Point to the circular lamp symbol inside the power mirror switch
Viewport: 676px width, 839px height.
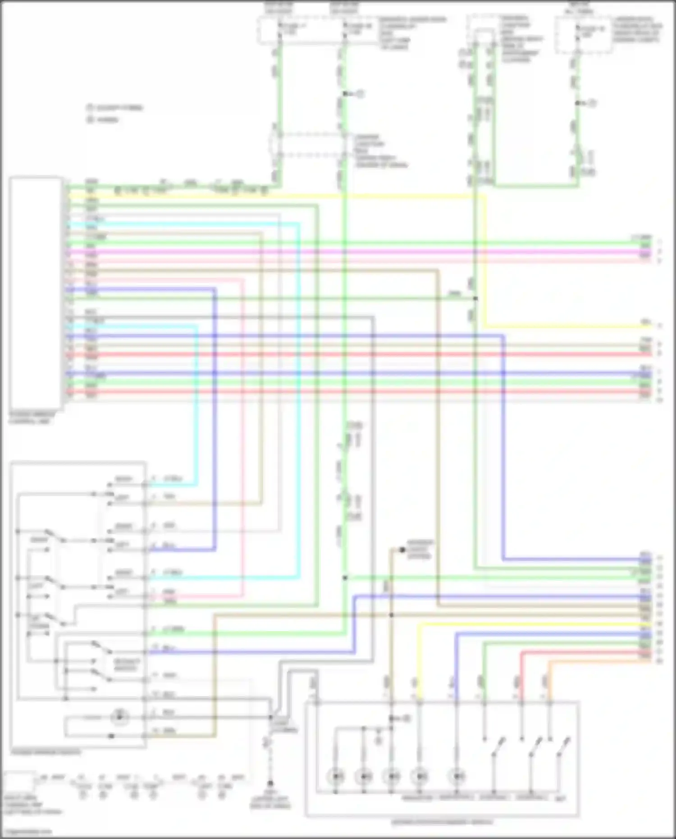click(x=119, y=716)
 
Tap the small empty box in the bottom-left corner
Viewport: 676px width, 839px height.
click(x=18, y=781)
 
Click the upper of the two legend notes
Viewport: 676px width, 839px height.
click(x=115, y=108)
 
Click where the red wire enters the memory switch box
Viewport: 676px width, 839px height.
click(x=522, y=701)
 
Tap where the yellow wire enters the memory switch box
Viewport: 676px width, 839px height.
click(x=419, y=701)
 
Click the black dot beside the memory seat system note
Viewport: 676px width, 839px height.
click(x=402, y=550)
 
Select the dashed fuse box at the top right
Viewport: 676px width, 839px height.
click(x=583, y=36)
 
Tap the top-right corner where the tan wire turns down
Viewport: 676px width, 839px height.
click(x=438, y=270)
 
